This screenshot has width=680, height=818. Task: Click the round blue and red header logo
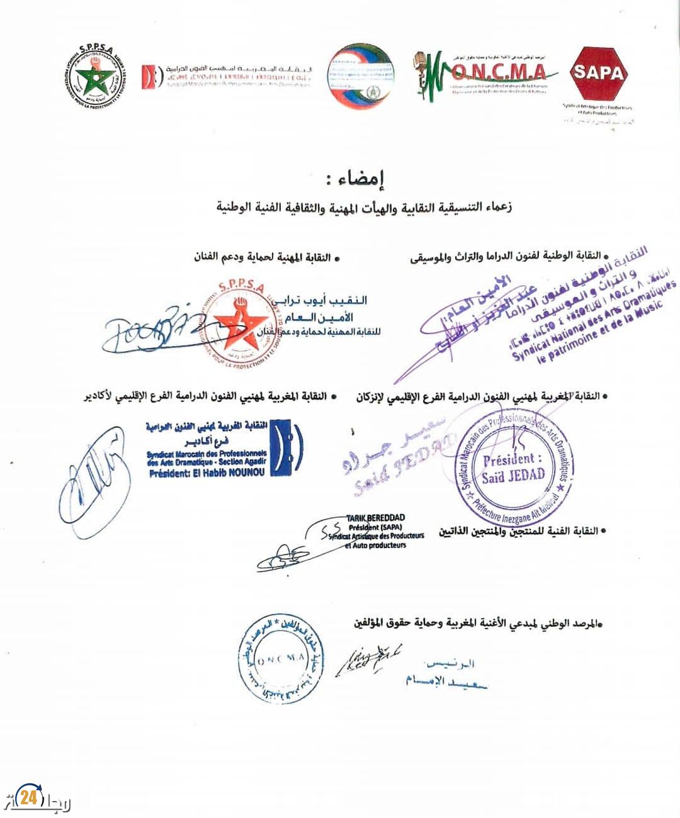360,74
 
